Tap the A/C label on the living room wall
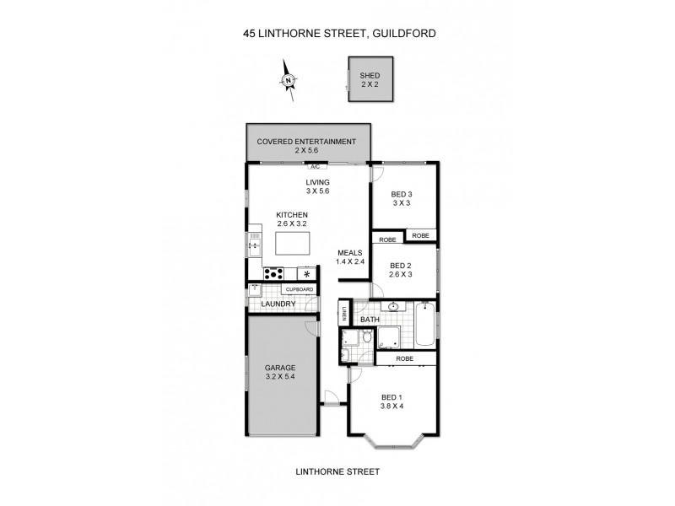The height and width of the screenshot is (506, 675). [315, 166]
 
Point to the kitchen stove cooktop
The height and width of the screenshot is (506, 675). [275, 272]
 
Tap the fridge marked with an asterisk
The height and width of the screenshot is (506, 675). [307, 273]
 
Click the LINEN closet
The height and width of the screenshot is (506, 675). [344, 315]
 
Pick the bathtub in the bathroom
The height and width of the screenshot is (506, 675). [425, 329]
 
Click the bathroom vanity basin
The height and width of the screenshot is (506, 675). [394, 306]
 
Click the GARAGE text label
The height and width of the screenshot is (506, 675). [280, 369]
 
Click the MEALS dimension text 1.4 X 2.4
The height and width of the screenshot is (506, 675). [350, 262]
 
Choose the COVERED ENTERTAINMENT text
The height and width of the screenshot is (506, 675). [306, 141]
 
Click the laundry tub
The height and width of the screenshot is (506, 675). [255, 289]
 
